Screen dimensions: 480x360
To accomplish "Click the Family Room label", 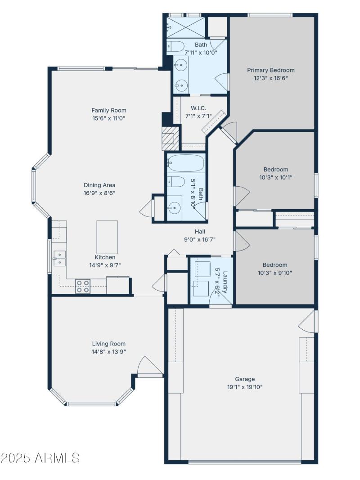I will [x=109, y=110].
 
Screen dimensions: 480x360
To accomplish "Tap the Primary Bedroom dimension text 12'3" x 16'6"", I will [x=270, y=78].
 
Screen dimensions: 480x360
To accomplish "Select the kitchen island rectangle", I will [x=107, y=237].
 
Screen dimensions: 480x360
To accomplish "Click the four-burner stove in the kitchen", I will [x=82, y=286].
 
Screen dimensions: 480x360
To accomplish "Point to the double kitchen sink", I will [x=59, y=259].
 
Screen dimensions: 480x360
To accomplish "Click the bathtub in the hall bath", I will [x=186, y=163].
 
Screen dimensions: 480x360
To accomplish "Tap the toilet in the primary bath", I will [x=175, y=46].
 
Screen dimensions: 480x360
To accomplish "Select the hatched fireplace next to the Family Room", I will [x=168, y=138].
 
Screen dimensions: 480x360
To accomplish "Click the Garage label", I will [x=245, y=379].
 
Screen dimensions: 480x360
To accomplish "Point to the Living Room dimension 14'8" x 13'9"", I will [x=109, y=351].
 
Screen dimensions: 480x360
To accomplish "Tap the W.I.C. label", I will [x=198, y=108].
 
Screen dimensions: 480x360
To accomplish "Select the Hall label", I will [x=200, y=232].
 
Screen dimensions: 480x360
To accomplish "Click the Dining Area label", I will [x=99, y=185].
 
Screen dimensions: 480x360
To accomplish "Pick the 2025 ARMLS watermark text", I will [x=40, y=458].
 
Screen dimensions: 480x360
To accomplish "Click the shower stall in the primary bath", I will [x=185, y=27].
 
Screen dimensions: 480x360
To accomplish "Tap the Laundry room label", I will [x=225, y=282].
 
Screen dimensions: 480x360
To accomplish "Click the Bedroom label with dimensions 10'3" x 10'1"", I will [x=275, y=170].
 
